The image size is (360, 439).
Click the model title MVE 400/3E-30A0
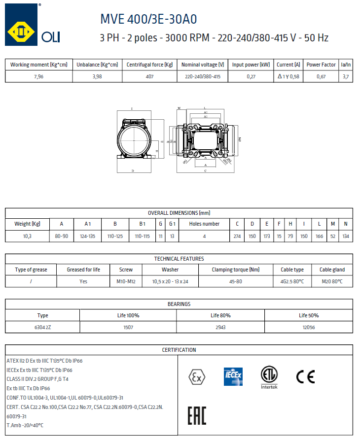148,19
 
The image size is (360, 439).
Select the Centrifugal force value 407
150,77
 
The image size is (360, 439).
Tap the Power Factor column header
321,65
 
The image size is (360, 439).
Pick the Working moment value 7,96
39,77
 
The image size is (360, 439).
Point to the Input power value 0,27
251,77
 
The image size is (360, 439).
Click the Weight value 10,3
27,236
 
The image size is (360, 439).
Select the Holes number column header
204,224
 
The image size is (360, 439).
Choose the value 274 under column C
237,236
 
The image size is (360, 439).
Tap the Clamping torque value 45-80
235,282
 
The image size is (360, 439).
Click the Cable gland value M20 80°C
332,282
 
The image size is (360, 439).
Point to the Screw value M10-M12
125,282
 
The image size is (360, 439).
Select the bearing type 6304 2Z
43,328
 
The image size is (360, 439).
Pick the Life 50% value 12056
308,328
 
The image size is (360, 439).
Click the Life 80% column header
220,315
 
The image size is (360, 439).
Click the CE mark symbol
305,376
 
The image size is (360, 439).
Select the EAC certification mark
197,415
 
